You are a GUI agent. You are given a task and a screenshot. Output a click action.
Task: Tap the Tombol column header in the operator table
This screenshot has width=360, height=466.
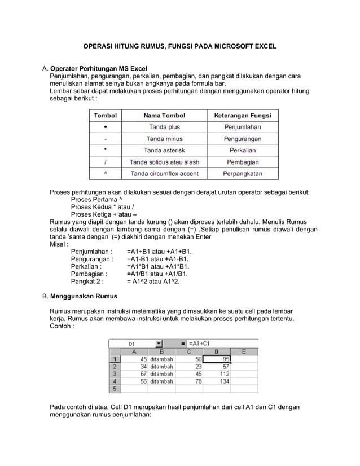pyautogui.click(x=106, y=116)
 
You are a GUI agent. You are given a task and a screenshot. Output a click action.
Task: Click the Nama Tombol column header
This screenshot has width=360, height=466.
pyautogui.click(x=164, y=116)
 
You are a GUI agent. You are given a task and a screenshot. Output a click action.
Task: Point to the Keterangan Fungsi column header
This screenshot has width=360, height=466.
pyautogui.click(x=242, y=116)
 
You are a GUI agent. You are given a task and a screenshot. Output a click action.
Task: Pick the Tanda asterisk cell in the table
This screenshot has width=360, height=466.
pyautogui.click(x=164, y=150)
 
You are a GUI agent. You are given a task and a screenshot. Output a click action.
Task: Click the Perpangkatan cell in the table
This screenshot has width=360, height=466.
pyautogui.click(x=242, y=173)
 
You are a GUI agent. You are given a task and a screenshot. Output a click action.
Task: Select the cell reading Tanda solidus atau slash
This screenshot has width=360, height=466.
pyautogui.click(x=164, y=162)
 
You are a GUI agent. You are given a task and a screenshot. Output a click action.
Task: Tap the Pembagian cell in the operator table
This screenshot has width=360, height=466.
pyautogui.click(x=242, y=162)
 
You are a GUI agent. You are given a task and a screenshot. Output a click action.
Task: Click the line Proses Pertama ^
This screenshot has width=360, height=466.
pyautogui.click(x=95, y=200)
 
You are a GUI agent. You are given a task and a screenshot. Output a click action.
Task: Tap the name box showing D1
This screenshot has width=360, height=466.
pyautogui.click(x=131, y=343)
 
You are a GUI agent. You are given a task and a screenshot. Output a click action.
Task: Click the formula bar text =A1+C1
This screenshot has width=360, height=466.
pyautogui.click(x=199, y=343)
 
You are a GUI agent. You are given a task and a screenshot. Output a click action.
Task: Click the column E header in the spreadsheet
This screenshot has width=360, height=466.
pyautogui.click(x=244, y=351)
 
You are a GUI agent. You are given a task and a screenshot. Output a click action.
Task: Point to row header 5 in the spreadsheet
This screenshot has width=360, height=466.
pyautogui.click(x=115, y=389)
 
